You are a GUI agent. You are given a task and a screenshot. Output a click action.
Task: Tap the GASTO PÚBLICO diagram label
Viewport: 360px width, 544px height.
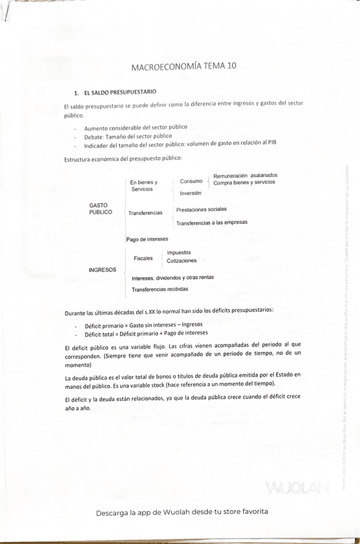100,208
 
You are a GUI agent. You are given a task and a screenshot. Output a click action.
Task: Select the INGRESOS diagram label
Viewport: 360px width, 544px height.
102,270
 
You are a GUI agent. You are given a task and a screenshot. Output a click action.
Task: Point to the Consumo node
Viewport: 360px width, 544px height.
191,182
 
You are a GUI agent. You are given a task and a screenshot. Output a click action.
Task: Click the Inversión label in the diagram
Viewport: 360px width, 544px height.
190,193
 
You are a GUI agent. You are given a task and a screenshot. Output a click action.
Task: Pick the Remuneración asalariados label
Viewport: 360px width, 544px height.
245,175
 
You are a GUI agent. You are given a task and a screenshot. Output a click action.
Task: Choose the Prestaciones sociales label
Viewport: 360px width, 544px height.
201,209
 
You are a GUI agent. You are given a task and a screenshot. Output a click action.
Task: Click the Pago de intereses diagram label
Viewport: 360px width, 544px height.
147,239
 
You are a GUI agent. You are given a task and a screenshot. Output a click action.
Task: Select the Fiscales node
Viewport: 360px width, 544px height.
143,259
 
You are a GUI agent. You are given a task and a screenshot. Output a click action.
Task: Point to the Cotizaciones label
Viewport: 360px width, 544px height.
182,261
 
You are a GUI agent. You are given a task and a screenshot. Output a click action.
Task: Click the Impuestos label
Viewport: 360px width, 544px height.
178,253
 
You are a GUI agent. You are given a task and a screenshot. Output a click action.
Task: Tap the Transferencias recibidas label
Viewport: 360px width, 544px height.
160,290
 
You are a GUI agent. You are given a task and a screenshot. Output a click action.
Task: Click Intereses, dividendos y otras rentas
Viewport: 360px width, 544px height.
173,278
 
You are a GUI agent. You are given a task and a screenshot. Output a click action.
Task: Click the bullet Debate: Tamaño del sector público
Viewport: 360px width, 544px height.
128,136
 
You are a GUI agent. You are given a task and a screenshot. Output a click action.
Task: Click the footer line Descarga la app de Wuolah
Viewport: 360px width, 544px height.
182,512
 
